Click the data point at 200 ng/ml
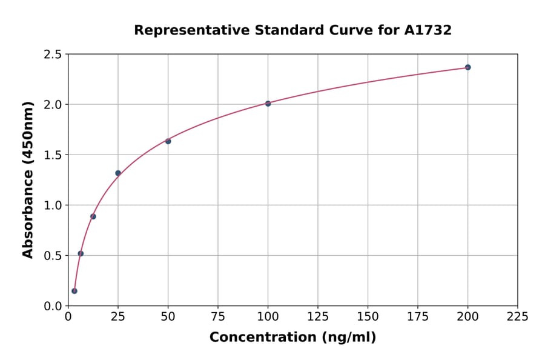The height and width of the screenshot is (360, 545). coord(467,67)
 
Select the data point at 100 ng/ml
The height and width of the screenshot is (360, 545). coord(268,104)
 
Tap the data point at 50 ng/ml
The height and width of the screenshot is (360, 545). coord(168,141)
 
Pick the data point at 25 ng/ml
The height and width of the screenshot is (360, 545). coord(118,173)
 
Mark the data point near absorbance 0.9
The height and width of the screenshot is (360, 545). coord(93,216)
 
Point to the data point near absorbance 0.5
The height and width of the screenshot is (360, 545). coord(81,253)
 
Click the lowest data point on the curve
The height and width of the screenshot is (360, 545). coord(74,291)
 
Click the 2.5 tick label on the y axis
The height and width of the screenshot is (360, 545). coord(52,55)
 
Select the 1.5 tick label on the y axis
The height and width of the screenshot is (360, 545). coord(52,155)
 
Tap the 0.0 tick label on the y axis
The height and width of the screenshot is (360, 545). coord(52,306)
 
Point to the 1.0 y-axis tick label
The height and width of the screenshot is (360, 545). coord(52,205)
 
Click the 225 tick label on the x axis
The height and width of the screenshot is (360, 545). coord(517,316)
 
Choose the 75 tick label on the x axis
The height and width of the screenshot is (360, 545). coord(218,316)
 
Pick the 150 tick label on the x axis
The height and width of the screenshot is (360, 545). coord(368,316)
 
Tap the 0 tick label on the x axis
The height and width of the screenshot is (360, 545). coord(68,316)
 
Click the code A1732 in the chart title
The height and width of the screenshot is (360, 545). coord(428,30)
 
